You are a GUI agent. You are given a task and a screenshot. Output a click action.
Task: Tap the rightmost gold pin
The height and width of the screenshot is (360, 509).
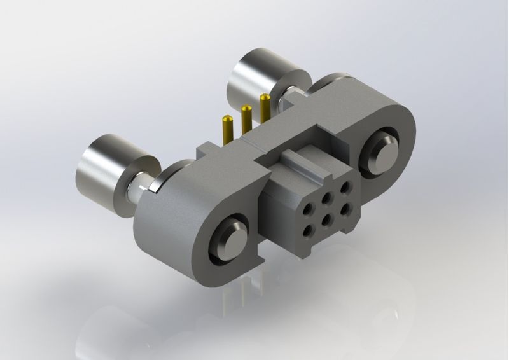pos(264,108)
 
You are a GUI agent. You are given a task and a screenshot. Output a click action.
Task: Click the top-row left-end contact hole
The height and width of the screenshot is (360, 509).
pos(310,208)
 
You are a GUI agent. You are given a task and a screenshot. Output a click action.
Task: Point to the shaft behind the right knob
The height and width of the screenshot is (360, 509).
pos(293,95)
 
